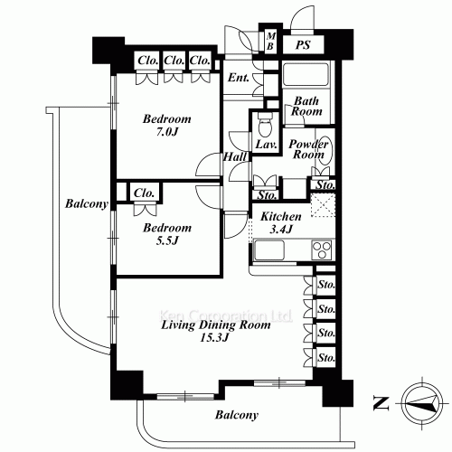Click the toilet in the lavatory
[265, 124]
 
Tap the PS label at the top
[303, 45]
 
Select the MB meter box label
[270, 42]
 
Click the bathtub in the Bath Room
[306, 74]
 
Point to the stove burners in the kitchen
[322, 250]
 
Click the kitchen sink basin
[269, 250]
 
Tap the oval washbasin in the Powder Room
[325, 151]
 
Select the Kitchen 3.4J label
[281, 222]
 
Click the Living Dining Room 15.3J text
[216, 331]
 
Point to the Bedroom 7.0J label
[166, 125]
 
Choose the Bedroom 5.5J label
[167, 233]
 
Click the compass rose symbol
[423, 404]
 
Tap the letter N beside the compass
[381, 404]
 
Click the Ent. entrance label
[239, 78]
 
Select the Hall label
[235, 156]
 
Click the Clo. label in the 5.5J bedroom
[144, 193]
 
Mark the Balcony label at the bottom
[237, 415]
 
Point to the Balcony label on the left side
[87, 204]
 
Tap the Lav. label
[266, 145]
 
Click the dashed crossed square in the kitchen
[323, 205]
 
